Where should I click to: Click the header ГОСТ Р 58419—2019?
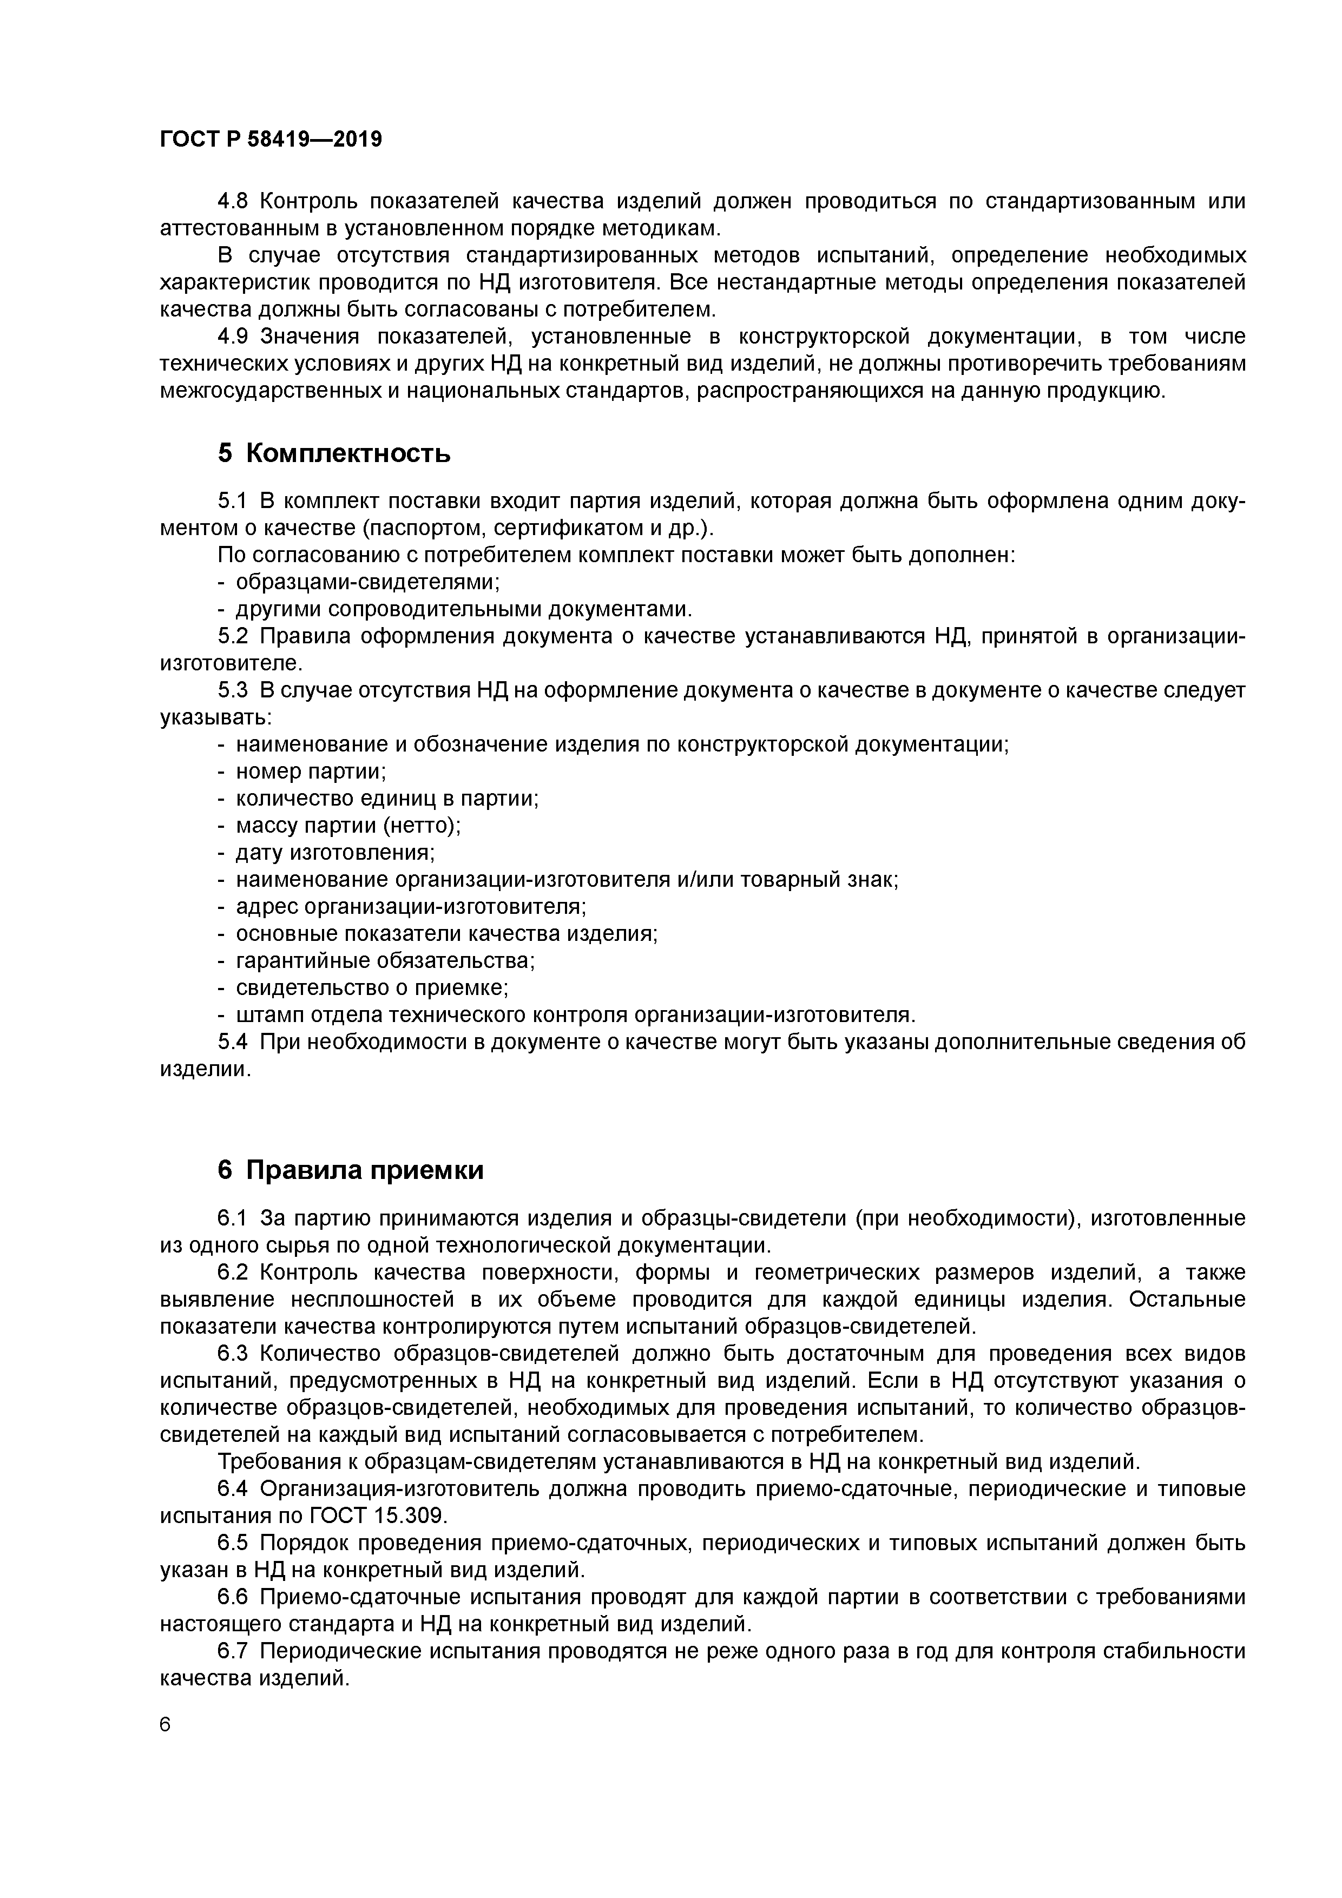271,140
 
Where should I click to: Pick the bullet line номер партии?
311,772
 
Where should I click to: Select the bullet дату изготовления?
335,852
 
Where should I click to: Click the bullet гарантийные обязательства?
385,960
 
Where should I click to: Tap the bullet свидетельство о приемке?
372,988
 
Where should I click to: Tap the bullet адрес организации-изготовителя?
411,906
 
